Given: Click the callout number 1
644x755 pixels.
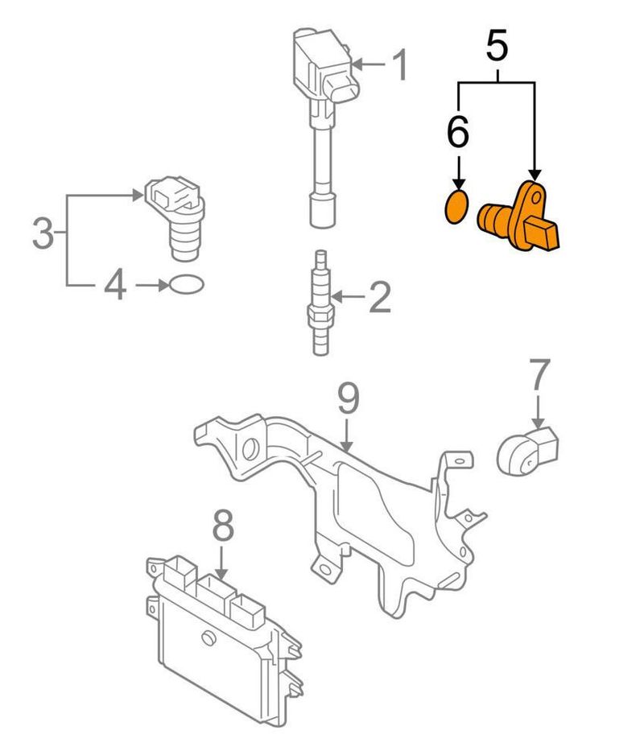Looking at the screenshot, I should coord(399,65).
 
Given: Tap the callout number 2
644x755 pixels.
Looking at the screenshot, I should coord(378,298).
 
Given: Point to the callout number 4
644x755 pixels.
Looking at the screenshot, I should coord(116,285).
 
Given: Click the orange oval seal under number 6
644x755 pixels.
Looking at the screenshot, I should coord(457,206).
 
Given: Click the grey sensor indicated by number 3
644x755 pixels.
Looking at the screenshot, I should coord(175,217).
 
